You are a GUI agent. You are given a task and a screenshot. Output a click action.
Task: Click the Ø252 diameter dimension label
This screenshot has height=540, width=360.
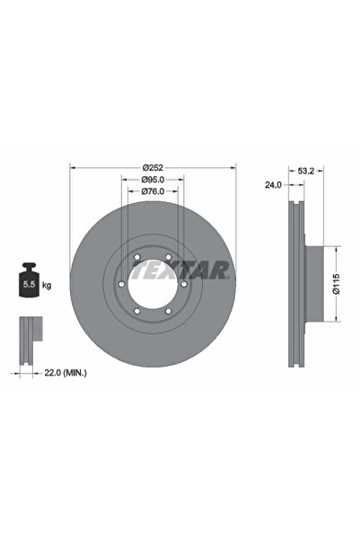152,166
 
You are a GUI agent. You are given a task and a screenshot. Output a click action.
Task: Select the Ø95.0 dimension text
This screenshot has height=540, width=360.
152,179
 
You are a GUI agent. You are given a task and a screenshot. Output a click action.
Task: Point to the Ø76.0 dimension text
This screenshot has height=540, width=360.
152,191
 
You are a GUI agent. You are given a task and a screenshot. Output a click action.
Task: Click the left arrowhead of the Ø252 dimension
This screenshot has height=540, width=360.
73,166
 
